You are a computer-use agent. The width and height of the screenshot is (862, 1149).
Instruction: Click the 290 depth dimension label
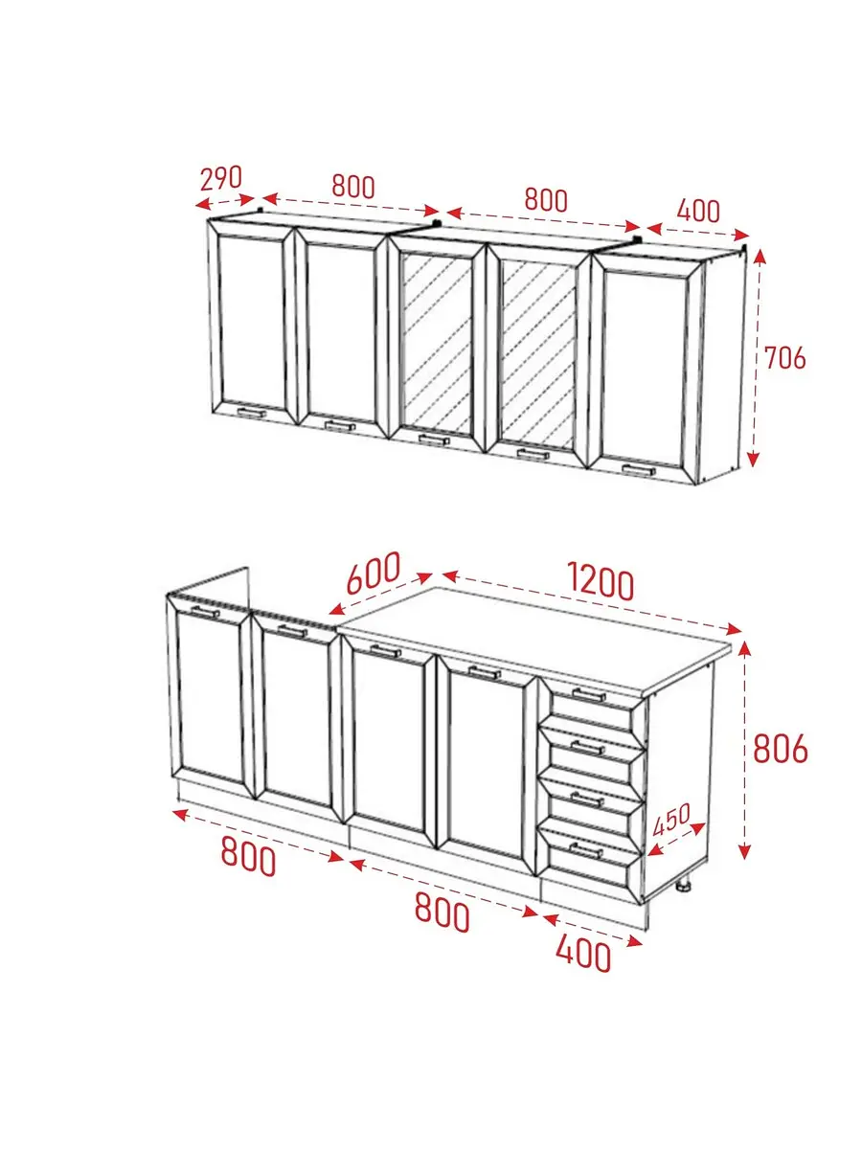pyautogui.click(x=221, y=178)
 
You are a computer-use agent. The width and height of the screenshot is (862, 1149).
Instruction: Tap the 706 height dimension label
pyautogui.click(x=784, y=358)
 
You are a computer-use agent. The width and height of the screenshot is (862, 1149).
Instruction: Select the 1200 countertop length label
pyautogui.click(x=601, y=581)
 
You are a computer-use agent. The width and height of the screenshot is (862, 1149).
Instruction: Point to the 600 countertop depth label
pyautogui.click(x=374, y=573)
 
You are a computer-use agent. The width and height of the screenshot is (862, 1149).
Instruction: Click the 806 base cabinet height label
pyautogui.click(x=781, y=749)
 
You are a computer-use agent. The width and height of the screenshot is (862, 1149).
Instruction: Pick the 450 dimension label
pyautogui.click(x=672, y=819)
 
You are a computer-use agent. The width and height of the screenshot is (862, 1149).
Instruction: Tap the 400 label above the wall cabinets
pyautogui.click(x=698, y=211)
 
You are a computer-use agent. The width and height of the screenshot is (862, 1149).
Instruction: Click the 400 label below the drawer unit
pyautogui.click(x=583, y=954)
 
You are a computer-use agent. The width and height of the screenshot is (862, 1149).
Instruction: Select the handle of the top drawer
pyautogui.click(x=589, y=695)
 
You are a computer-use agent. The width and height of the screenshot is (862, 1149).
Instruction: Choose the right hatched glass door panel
pyautogui.click(x=538, y=355)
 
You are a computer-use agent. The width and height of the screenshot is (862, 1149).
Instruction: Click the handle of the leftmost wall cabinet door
pyautogui.click(x=252, y=413)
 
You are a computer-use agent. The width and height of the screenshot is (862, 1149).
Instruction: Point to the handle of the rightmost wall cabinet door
pyautogui.click(x=639, y=469)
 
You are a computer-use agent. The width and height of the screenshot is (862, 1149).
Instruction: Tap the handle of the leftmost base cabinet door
pyautogui.click(x=205, y=612)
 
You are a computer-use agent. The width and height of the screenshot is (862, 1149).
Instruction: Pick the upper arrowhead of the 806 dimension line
pyautogui.click(x=745, y=649)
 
